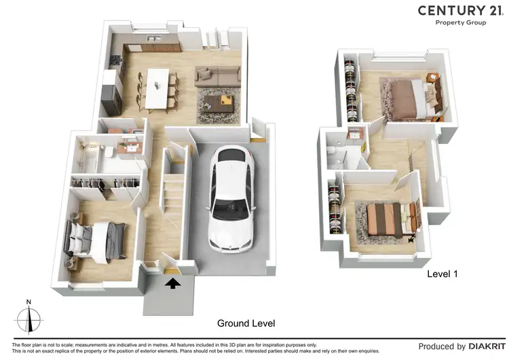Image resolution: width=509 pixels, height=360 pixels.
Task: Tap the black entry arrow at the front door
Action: pos(172,283)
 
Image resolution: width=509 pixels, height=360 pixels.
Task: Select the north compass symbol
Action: pos(28,317)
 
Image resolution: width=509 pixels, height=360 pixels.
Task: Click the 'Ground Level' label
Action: pos(246,323)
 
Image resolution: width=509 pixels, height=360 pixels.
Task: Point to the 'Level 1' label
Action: pos(442,274)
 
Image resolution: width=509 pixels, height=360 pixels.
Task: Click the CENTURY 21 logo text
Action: pos(460,10)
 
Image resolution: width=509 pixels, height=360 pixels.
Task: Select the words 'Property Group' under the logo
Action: pos(460,22)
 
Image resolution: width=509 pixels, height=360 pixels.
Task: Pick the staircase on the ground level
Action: pos(174,197)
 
